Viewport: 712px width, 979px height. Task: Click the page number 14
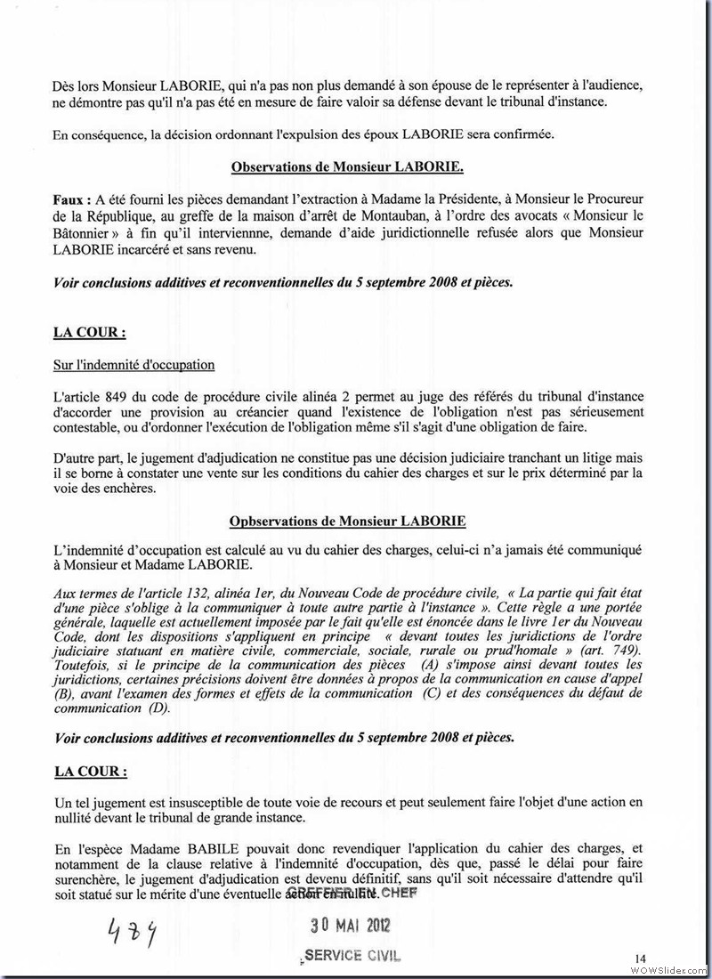coord(640,957)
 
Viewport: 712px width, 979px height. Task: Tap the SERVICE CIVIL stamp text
coord(352,956)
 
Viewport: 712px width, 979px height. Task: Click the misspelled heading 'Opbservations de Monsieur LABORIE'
coord(348,521)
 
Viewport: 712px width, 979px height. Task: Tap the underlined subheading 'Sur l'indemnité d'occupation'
coord(134,365)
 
